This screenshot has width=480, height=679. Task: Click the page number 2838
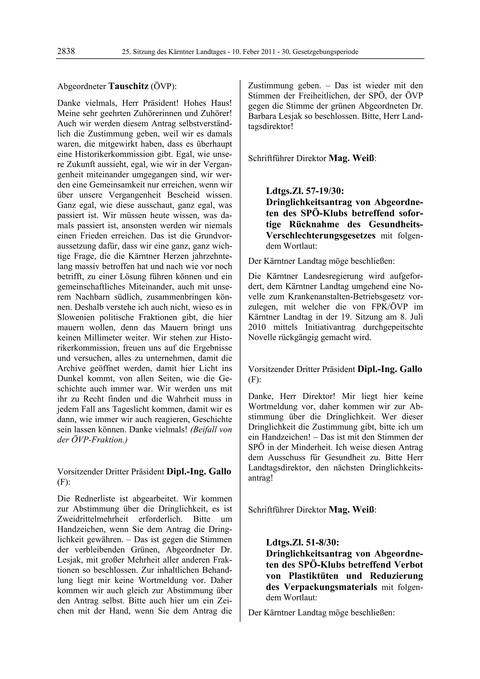pyautogui.click(x=66, y=52)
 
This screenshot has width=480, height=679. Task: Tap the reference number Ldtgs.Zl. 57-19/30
pyautogui.click(x=305, y=191)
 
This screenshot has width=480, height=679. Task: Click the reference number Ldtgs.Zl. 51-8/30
pyautogui.click(x=302, y=542)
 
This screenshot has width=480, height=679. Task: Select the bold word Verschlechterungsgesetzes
pyautogui.click(x=321, y=236)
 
